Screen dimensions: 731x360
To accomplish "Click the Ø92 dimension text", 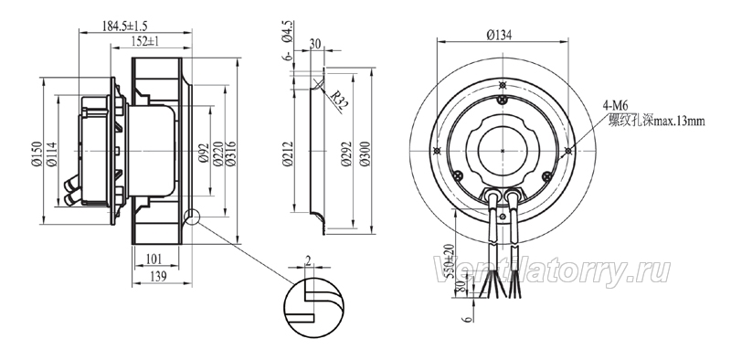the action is coord(203,153).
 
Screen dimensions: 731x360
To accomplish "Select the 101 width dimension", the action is coord(154,259).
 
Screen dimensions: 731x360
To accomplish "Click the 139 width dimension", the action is coord(158,277).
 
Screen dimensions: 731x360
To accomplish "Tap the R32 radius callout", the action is coord(339,101).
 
